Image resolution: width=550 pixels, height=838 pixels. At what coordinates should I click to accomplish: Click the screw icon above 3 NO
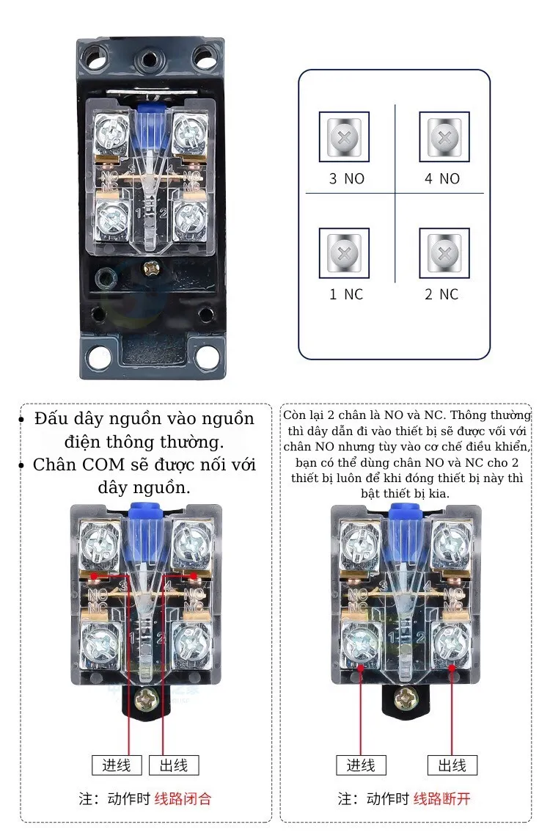(344, 136)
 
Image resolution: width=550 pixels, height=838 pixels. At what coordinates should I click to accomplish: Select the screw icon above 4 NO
(443, 136)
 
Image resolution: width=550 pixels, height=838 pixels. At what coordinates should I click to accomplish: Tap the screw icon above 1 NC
(344, 253)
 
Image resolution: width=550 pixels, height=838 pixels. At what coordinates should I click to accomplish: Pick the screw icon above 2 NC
(443, 253)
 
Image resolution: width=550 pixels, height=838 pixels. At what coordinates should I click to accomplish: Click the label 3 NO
(346, 178)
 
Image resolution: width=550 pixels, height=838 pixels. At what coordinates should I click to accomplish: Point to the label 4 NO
(442, 178)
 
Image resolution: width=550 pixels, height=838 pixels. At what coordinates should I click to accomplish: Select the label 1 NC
(346, 294)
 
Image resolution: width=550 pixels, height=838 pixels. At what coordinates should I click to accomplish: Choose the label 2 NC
(442, 294)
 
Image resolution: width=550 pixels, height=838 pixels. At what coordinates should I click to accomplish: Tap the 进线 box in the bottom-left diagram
(117, 765)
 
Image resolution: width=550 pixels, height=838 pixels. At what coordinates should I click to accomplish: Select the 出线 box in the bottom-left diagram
(174, 765)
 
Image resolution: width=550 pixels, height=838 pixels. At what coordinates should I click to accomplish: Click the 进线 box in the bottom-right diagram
(361, 765)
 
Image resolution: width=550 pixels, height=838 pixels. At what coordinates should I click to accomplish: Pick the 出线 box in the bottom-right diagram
(452, 765)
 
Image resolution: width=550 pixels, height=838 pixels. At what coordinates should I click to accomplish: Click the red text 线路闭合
(183, 798)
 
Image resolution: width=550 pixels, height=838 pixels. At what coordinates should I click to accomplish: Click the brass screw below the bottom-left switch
(147, 699)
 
